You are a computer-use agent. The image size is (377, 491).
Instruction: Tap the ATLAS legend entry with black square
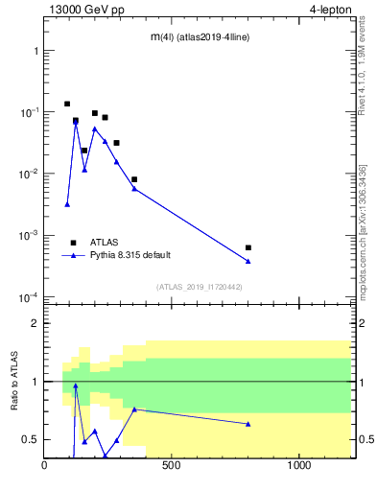pyautogui.click(x=73, y=243)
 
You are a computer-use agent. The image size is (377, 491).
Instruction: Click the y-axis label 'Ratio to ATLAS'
pyautogui.click(x=14, y=381)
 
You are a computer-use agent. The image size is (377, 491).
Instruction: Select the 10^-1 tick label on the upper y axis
pyautogui.click(x=28, y=112)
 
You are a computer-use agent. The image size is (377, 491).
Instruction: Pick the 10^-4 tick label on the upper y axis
pyautogui.click(x=28, y=297)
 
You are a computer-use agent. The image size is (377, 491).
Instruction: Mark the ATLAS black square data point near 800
pyautogui.click(x=248, y=247)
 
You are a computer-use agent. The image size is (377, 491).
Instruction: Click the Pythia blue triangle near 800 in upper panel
pyautogui.click(x=248, y=261)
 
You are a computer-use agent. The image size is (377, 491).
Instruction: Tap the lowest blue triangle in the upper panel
pyautogui.click(x=67, y=203)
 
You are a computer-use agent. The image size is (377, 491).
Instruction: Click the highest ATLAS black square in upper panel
pyautogui.click(x=67, y=104)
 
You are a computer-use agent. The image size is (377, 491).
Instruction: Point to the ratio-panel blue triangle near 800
pyautogui.click(x=248, y=424)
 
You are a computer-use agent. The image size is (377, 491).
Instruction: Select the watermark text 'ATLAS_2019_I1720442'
pyautogui.click(x=198, y=287)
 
